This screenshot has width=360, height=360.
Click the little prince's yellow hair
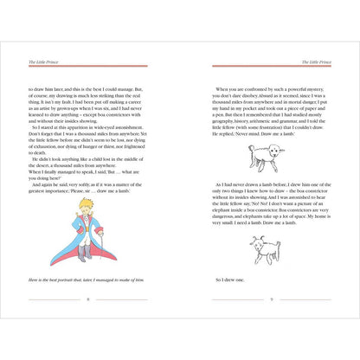tap(82, 206)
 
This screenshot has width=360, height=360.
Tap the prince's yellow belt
tap(84, 232)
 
